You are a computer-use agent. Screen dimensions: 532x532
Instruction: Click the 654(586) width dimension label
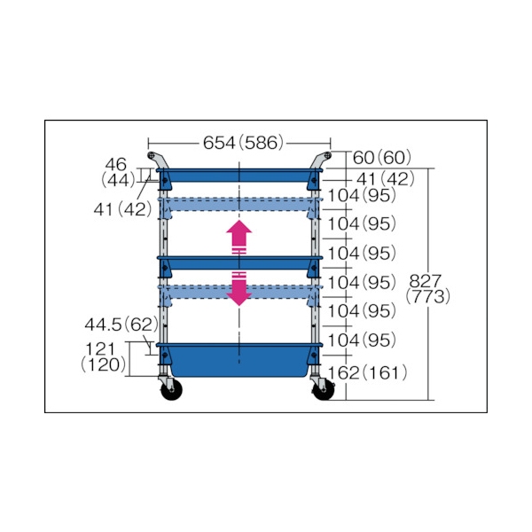tap(243, 143)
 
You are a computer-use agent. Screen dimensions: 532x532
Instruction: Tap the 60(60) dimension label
tap(382, 158)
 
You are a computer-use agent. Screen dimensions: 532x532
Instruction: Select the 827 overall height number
tap(425, 281)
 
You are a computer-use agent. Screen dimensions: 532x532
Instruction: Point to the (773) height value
tap(428, 296)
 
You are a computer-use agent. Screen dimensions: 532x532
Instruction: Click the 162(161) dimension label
tap(367, 373)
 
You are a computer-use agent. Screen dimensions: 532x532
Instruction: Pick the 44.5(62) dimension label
tap(121, 325)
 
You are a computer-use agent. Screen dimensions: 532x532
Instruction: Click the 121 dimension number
tap(100, 349)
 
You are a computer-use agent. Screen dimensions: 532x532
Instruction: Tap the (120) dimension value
tap(103, 364)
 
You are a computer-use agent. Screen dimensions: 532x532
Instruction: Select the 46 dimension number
tap(115, 165)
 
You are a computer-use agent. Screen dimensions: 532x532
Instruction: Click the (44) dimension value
tap(119, 180)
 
